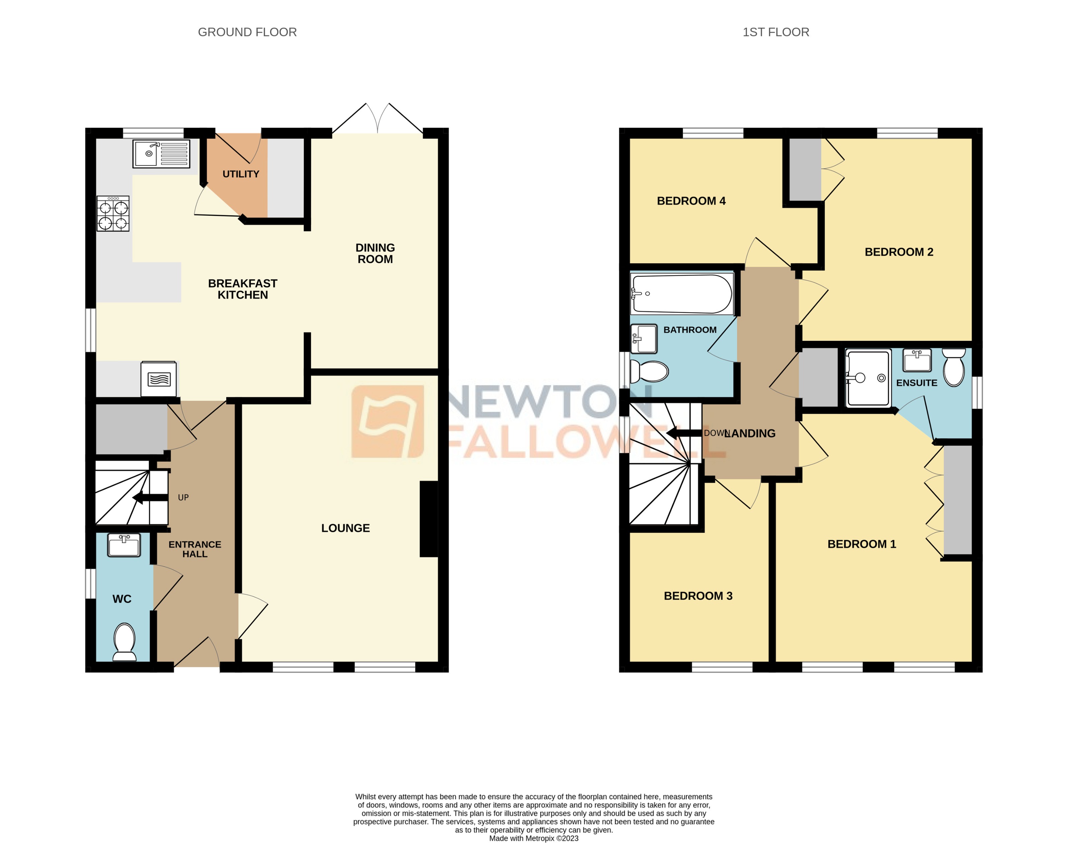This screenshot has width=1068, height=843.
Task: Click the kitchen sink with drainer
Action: pyautogui.click(x=161, y=154)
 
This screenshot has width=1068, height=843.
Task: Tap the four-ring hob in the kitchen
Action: pyautogui.click(x=113, y=214)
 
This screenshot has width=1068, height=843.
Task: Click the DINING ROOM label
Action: pyautogui.click(x=375, y=253)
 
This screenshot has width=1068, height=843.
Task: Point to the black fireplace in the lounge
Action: pyautogui.click(x=429, y=519)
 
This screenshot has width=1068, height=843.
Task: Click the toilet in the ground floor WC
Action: pyautogui.click(x=125, y=641)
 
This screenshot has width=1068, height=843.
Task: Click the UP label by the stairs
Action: pyautogui.click(x=183, y=497)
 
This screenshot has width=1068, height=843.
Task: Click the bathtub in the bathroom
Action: pyautogui.click(x=682, y=294)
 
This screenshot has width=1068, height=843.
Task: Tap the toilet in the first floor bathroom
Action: pyautogui.click(x=650, y=372)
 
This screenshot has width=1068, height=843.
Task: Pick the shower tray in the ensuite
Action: pyautogui.click(x=867, y=378)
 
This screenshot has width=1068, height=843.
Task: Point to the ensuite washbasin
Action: pyautogui.click(x=917, y=360)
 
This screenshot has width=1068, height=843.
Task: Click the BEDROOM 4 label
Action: pyautogui.click(x=691, y=201)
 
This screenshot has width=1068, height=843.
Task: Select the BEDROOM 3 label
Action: pyautogui.click(x=698, y=596)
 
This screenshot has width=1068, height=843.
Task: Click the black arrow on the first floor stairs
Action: pyautogui.click(x=684, y=433)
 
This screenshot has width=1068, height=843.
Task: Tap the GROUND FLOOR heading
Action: pyautogui.click(x=247, y=32)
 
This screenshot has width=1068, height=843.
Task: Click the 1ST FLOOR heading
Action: pyautogui.click(x=776, y=32)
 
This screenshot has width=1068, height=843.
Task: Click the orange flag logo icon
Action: pyautogui.click(x=387, y=421)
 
